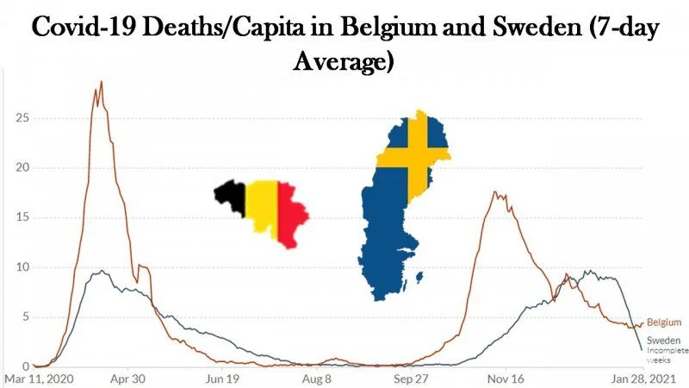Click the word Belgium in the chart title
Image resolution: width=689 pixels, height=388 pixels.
[x=388, y=28]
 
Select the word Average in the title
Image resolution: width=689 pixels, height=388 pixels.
[x=344, y=61]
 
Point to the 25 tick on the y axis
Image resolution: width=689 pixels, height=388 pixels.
[x=22, y=118]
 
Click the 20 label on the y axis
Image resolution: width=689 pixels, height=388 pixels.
[x=22, y=167]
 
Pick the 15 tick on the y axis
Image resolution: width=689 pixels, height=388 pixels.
[x=22, y=217]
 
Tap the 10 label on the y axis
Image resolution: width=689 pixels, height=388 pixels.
[x=22, y=267]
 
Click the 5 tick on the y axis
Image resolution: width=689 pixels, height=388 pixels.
[x=26, y=316]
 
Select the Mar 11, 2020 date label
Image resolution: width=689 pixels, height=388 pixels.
[x=39, y=379]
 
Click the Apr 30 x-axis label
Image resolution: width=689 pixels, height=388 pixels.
[x=127, y=379]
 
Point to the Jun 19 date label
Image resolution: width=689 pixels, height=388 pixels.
[x=222, y=379]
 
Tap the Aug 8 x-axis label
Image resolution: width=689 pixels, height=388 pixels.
[x=316, y=379]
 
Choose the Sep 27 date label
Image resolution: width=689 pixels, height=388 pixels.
[x=411, y=379]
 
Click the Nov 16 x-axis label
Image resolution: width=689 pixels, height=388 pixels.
[x=506, y=379]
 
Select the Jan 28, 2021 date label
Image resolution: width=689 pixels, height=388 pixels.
[x=642, y=379]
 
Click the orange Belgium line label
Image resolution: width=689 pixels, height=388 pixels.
[x=664, y=322]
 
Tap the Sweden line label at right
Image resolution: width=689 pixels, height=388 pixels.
[x=663, y=341]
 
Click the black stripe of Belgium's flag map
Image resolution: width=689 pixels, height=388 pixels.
[x=232, y=196]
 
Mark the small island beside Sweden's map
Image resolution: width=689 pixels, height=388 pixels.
[x=419, y=278]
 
